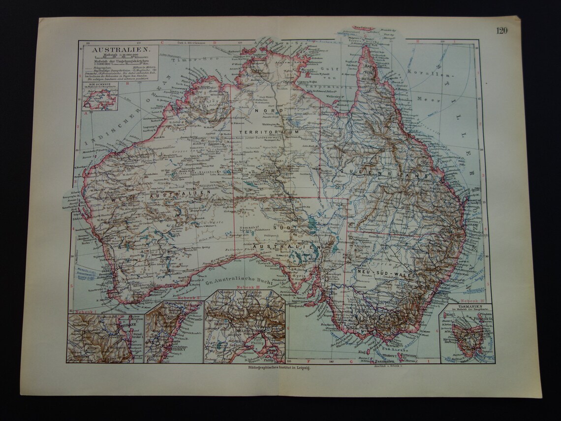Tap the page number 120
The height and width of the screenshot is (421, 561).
click(501, 31)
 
